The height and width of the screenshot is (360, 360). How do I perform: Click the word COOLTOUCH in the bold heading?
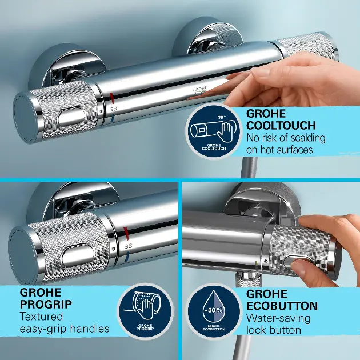click(x=281, y=125)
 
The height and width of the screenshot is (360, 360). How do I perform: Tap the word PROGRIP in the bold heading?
click(x=46, y=304)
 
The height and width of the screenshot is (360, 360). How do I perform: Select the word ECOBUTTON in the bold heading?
click(x=282, y=306)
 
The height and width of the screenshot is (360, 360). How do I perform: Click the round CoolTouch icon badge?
click(x=214, y=131)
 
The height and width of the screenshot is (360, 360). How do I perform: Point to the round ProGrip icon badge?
click(x=145, y=311)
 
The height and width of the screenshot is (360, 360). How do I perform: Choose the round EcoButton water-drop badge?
click(x=214, y=311)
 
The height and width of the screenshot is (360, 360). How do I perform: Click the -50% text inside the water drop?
click(x=214, y=310)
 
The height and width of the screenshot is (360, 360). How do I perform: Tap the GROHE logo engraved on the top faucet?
click(x=200, y=90)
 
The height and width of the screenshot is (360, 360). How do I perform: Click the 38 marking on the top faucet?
click(x=113, y=109)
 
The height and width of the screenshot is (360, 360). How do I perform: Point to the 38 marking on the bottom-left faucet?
click(x=128, y=246)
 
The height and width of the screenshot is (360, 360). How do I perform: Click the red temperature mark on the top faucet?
click(x=111, y=98)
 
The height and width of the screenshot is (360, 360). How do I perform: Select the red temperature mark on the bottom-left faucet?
click(x=126, y=233)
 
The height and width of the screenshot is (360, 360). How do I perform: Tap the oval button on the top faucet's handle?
click(x=71, y=117)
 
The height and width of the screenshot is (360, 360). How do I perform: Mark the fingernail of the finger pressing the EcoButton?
click(x=297, y=267)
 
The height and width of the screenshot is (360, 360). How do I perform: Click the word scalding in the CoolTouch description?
click(x=307, y=138)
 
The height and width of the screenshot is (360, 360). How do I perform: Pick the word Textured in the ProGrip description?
click(x=41, y=317)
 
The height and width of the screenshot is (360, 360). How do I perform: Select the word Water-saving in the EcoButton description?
click(x=278, y=318)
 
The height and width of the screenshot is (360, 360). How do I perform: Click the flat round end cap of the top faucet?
click(x=25, y=118)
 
